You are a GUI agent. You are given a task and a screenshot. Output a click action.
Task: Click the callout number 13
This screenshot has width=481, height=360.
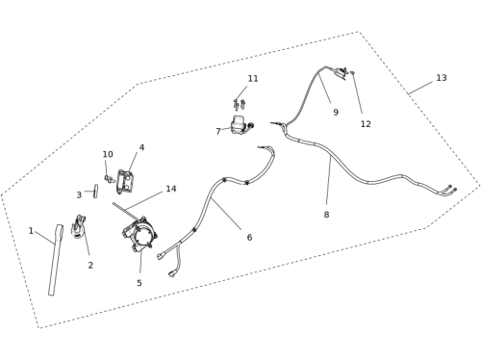[442, 78]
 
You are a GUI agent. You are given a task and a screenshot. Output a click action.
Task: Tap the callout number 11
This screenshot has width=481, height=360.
[253, 79]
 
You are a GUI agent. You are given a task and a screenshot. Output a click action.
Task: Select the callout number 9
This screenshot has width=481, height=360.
[336, 113]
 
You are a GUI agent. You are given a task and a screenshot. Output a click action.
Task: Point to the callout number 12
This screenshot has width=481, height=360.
[366, 124]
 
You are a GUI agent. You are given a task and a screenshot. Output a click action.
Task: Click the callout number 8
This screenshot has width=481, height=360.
[326, 215]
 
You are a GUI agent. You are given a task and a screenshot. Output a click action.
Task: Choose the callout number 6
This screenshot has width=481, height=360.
[249, 238]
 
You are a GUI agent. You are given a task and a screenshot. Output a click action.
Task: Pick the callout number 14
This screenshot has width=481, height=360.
[171, 189]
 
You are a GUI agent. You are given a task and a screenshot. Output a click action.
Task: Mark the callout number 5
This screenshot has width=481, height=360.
[139, 283]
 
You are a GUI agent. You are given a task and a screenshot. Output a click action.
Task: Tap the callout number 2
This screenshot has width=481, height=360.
[90, 266]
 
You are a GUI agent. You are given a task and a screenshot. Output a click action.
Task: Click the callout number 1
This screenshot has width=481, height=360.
[31, 231]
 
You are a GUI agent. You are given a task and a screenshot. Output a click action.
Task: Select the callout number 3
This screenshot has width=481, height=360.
[79, 195]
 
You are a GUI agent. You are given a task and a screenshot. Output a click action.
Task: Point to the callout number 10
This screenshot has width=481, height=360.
[108, 155]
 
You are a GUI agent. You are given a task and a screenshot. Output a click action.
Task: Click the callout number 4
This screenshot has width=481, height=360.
[141, 147]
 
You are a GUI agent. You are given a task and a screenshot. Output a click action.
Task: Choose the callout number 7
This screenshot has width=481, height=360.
[218, 131]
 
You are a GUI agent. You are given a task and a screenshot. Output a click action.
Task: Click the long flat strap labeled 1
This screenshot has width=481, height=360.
[56, 260]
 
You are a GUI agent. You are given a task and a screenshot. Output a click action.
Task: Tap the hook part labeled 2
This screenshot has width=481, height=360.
[78, 226]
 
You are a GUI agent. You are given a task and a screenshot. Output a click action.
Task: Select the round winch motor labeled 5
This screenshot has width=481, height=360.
[139, 235]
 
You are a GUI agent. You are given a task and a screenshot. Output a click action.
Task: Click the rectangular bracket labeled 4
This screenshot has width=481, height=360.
[125, 182]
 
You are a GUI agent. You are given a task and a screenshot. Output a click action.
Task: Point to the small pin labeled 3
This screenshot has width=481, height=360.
[95, 191]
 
